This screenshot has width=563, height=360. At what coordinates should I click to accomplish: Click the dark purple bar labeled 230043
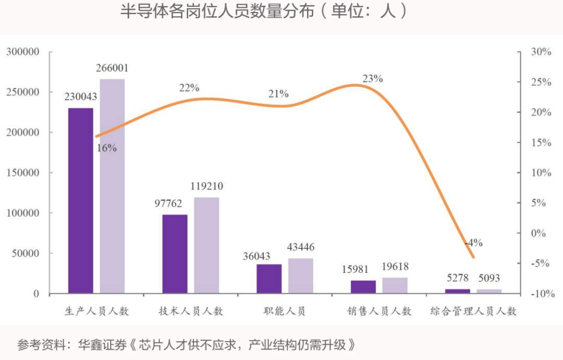[x=81, y=200]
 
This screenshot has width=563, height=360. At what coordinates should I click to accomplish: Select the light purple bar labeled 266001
[x=113, y=186]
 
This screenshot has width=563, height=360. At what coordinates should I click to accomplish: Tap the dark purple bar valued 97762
[x=175, y=254]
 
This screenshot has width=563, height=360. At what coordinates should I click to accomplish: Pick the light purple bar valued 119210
[x=206, y=245]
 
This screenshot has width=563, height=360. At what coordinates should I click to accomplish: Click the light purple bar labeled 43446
[x=301, y=276]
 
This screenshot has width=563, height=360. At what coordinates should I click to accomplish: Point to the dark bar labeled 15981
[x=363, y=287]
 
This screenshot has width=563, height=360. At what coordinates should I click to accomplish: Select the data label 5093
[x=489, y=278]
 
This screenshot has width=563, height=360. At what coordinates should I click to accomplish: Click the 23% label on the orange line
[x=373, y=78]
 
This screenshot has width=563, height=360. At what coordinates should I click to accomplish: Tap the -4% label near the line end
[x=473, y=243]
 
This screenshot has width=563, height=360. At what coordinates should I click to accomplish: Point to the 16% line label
[x=107, y=148]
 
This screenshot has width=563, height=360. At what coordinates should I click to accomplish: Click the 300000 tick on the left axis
[x=22, y=52]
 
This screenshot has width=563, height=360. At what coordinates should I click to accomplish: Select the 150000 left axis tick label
[x=22, y=173]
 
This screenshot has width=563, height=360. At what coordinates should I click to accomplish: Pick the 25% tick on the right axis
[x=541, y=82]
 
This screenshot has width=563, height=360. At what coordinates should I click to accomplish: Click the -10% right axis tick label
[x=543, y=294]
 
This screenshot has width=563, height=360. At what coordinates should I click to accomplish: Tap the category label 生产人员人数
[x=96, y=311]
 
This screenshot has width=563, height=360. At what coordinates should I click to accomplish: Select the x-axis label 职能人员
[x=285, y=311]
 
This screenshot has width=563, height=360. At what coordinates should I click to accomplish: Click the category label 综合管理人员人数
[x=473, y=311]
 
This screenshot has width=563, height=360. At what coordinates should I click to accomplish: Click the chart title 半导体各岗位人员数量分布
[x=217, y=11]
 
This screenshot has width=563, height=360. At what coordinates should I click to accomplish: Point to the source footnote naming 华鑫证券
[x=186, y=344]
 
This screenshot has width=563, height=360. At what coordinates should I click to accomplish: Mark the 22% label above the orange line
[x=189, y=88]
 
